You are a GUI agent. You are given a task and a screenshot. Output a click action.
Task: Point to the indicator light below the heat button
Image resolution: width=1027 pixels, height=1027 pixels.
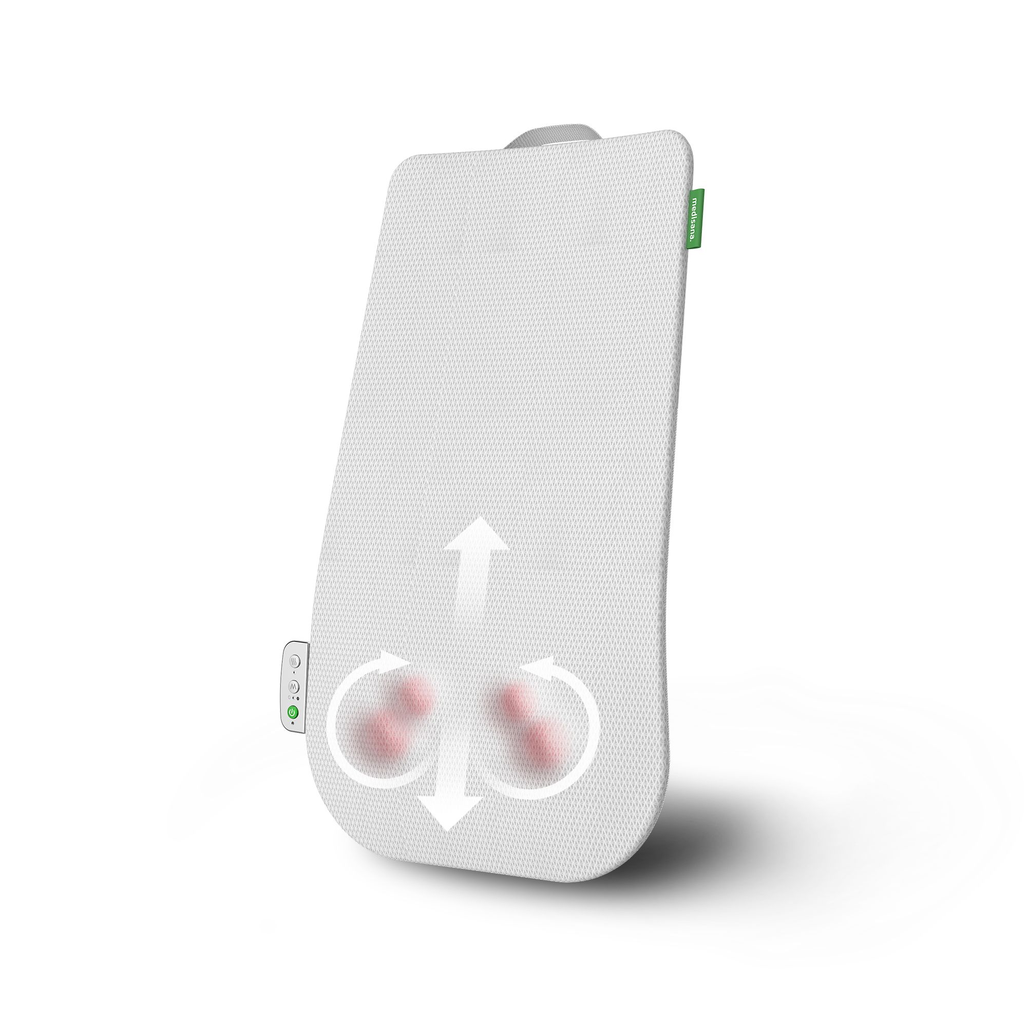click(x=294, y=673)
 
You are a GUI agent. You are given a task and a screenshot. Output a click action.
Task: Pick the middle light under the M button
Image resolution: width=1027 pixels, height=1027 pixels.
click(x=293, y=697)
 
